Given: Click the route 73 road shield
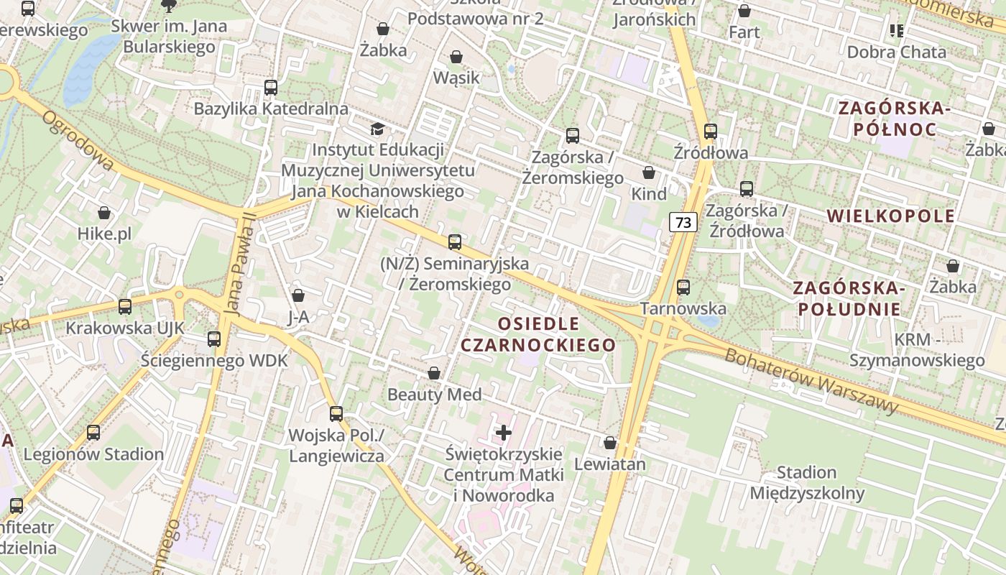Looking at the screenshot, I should click(683, 223).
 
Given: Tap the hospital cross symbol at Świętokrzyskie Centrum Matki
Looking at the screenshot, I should click(504, 433).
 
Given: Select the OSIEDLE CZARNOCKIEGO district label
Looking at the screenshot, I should click(538, 334).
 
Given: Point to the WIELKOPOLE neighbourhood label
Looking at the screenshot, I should click(891, 216).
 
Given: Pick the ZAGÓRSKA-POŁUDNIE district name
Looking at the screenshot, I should click(847, 298).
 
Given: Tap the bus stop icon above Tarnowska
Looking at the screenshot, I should click(683, 287).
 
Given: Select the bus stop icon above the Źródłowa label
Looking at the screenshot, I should click(711, 132).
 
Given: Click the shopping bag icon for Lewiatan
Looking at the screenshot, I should click(610, 443).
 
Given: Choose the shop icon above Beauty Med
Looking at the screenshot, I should click(434, 373).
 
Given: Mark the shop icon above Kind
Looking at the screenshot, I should click(649, 173).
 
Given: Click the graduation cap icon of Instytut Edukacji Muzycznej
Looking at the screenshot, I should click(377, 129).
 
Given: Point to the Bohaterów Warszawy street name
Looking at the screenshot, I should click(812, 381).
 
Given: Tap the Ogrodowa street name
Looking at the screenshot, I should click(78, 141).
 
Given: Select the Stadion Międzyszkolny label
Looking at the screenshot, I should click(807, 483).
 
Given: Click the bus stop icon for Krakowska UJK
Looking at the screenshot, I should click(125, 307).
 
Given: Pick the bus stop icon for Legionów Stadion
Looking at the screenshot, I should click(93, 433).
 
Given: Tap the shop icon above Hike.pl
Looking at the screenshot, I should click(105, 213).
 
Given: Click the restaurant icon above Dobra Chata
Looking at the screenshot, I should click(896, 31).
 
